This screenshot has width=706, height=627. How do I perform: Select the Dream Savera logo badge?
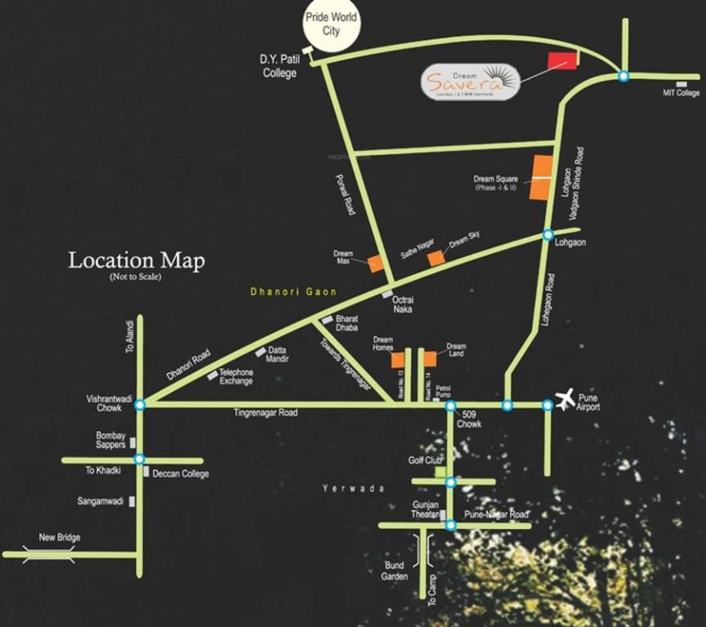471,82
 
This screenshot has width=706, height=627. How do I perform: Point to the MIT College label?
681,93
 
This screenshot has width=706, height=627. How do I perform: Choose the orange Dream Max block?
376,264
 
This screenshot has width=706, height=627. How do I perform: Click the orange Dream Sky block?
437,257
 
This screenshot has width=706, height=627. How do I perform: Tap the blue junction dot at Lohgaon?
548,235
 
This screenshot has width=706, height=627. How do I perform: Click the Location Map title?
136,261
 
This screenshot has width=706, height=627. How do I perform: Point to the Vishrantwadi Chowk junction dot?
141,404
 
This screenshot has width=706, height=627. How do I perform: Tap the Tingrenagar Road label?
266,413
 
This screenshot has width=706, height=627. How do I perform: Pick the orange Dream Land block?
429,358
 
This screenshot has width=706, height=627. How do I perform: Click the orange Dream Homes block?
398,360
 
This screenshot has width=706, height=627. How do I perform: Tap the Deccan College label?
181,474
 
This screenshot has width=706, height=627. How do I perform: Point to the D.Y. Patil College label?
279,66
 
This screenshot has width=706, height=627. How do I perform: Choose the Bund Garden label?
395,570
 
